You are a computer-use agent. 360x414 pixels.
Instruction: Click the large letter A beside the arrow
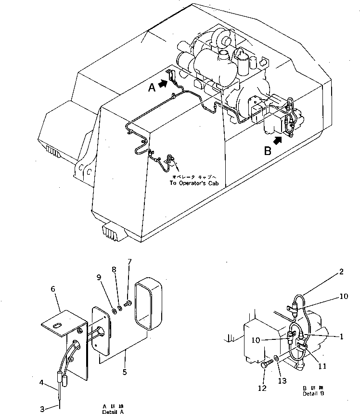(x=151, y=88)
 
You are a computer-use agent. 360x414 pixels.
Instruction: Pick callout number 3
(x=42, y=409)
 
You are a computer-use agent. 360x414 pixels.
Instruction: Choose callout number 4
(x=42, y=383)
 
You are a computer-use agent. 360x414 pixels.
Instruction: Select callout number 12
(x=263, y=388)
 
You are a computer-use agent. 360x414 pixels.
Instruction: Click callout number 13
(x=283, y=380)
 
